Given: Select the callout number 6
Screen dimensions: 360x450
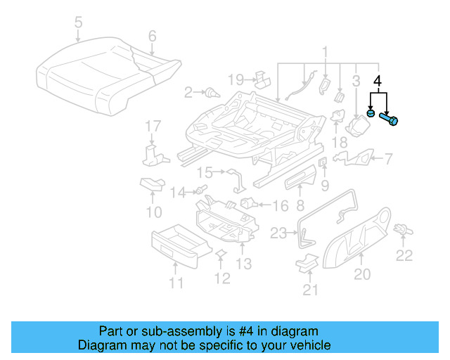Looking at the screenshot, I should click(x=152, y=36).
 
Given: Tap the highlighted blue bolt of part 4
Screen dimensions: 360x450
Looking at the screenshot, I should click(x=390, y=119).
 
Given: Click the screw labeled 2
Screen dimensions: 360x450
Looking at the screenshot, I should click(x=210, y=92).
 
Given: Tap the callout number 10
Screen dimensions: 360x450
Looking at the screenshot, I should click(x=153, y=211).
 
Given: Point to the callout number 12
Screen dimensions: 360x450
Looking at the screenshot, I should click(x=222, y=279).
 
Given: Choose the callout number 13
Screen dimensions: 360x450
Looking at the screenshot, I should click(x=243, y=264).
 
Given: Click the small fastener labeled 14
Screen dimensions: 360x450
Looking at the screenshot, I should click(x=200, y=190).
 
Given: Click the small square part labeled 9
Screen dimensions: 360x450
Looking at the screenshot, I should click(x=323, y=164).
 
